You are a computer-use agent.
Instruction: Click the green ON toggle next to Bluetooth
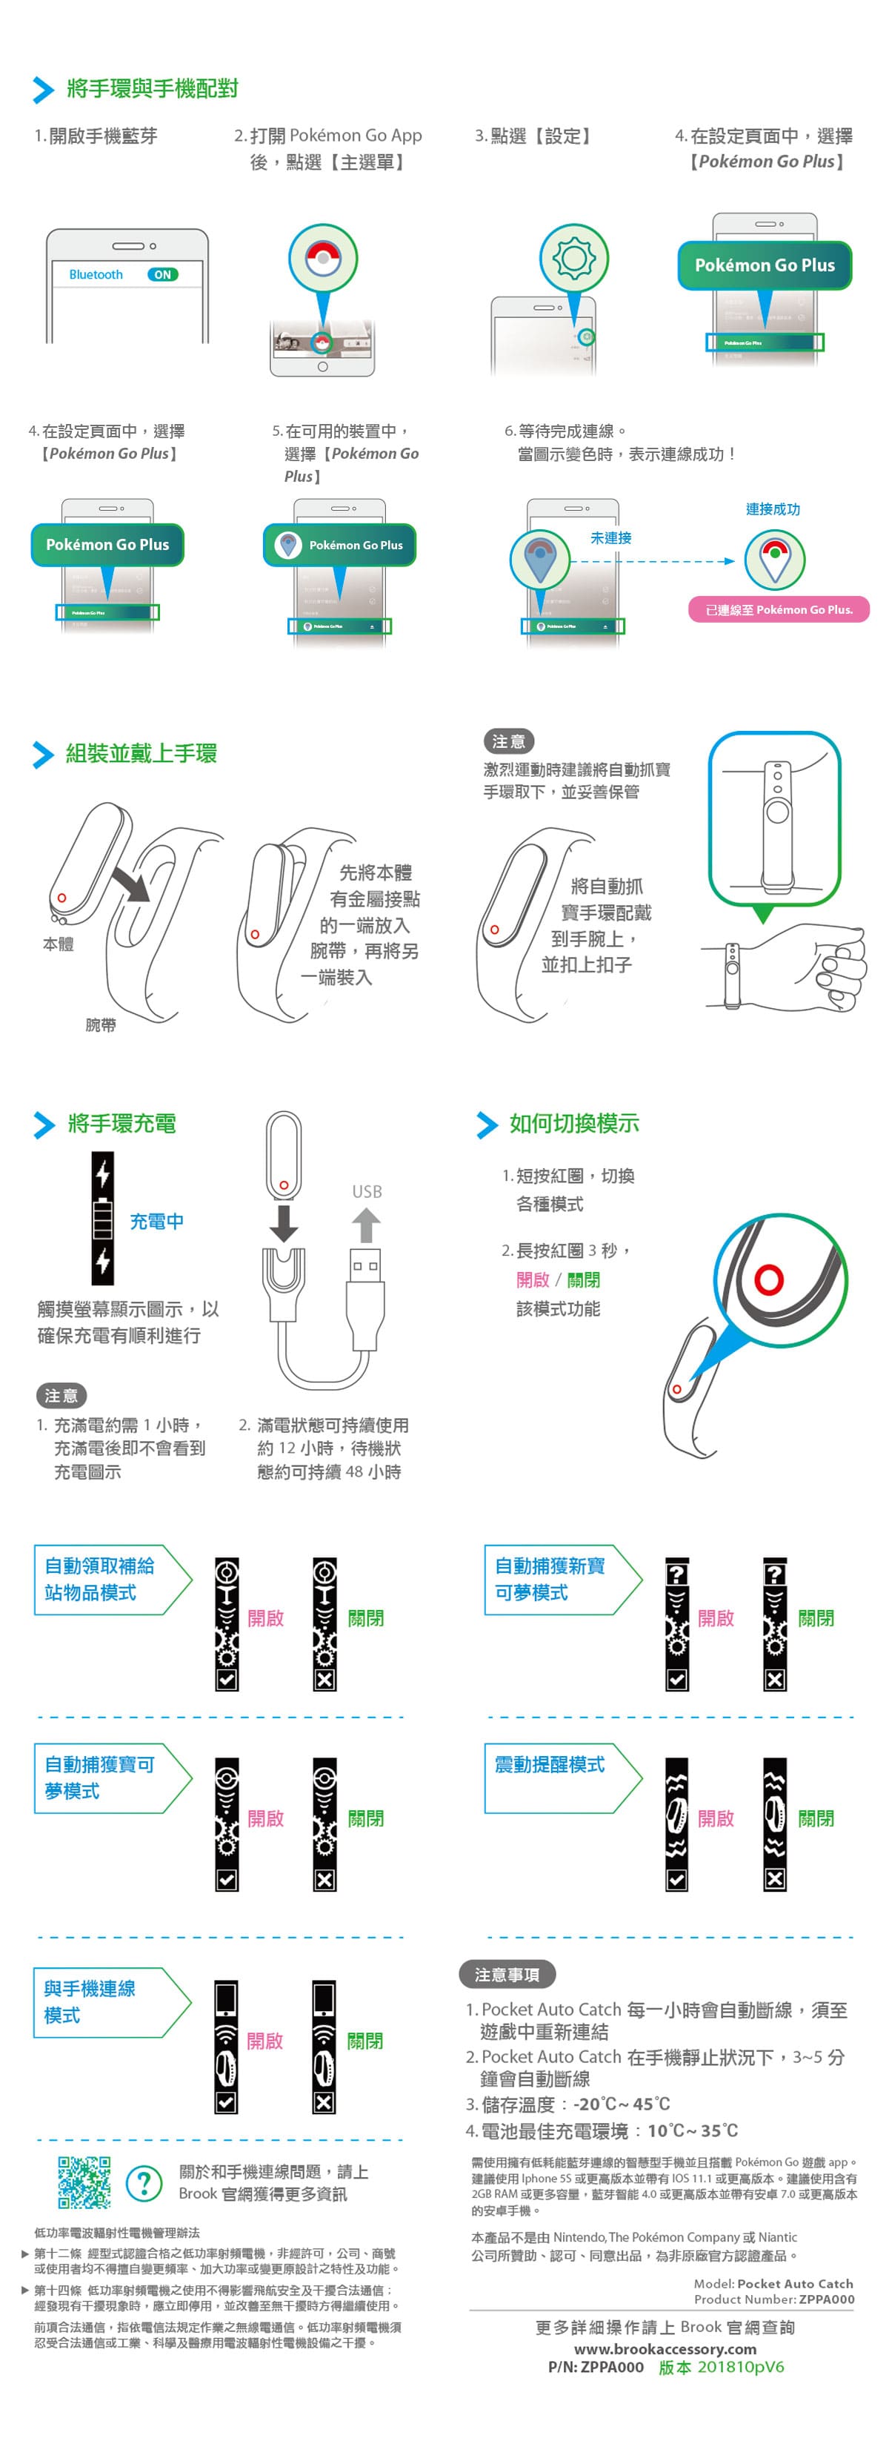162,274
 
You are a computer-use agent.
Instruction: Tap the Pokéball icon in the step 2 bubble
323,258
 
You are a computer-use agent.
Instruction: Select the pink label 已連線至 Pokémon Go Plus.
778,609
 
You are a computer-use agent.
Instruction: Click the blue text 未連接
611,537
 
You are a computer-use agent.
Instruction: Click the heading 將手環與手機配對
152,89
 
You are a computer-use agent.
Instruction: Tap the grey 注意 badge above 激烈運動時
507,741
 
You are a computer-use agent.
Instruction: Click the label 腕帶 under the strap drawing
100,1024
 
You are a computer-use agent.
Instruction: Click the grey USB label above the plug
366,1192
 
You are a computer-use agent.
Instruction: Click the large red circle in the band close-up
768,1279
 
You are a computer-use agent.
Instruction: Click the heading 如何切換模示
573,1124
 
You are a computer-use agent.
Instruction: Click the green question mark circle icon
144,2184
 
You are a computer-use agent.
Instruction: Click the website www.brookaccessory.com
665,2349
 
